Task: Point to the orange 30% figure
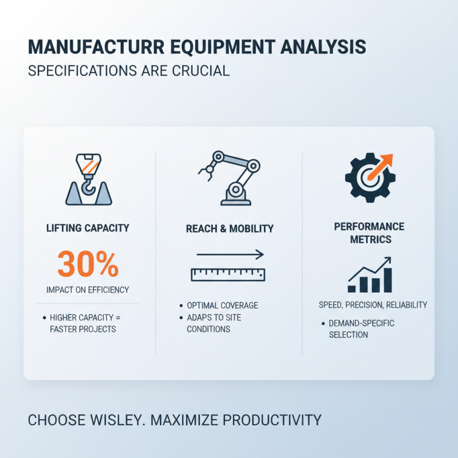(88, 264)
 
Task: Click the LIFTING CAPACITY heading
(88, 228)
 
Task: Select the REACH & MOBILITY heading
(230, 228)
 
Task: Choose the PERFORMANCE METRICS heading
(369, 232)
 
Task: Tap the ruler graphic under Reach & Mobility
(228, 274)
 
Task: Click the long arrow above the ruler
(229, 254)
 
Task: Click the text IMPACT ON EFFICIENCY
(88, 290)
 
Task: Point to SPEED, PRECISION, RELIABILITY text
(373, 305)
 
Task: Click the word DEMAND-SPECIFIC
(361, 323)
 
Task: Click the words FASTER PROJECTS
(84, 329)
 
